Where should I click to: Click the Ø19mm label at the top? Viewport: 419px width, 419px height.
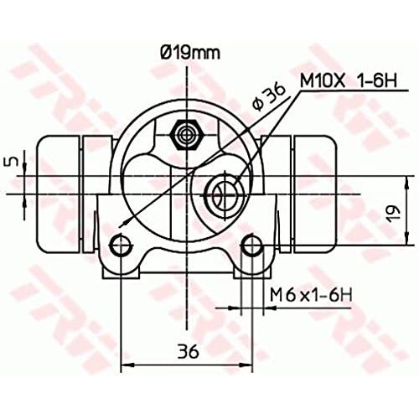coord(190,53)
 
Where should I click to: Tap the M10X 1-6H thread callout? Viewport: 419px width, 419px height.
coord(349,80)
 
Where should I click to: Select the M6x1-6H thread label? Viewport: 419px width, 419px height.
coord(311,295)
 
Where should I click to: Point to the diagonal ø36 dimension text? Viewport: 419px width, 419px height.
coord(268,97)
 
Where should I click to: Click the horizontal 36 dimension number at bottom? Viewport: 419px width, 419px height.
coord(188,351)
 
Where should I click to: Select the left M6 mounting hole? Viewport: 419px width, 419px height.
coord(121,245)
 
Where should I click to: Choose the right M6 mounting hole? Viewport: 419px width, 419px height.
coord(252,245)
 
